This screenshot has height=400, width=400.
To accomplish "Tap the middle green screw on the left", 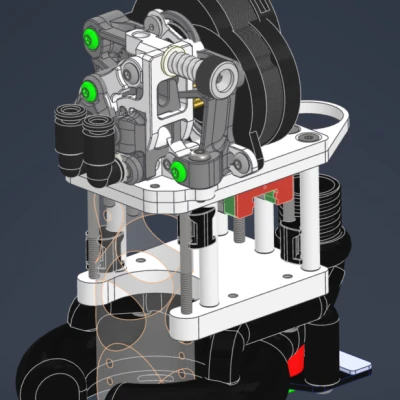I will coord(89,91).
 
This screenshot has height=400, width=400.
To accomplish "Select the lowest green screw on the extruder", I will coord(180,170).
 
